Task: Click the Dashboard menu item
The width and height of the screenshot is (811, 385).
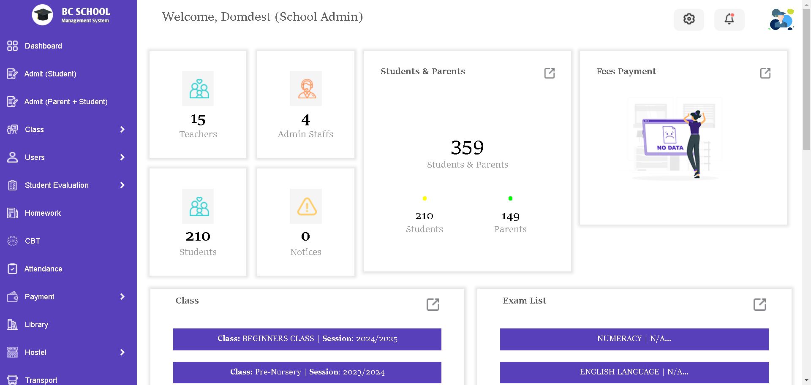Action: [43, 46]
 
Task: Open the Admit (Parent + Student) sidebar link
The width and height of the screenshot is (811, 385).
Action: [66, 102]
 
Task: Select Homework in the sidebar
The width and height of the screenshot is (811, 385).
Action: [43, 213]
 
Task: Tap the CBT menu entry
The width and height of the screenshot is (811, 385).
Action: [33, 241]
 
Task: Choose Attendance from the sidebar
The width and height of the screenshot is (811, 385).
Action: [43, 269]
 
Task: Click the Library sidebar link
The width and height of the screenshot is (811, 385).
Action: [36, 325]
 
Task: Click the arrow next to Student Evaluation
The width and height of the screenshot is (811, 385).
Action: [122, 185]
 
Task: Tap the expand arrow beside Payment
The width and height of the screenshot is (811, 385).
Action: [122, 297]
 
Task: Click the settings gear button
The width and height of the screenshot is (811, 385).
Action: [689, 19]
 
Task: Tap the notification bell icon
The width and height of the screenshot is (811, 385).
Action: [729, 19]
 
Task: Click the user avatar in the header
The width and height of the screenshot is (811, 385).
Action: [781, 19]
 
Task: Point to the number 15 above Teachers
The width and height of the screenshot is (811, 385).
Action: [198, 120]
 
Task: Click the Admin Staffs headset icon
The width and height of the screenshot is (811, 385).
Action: [306, 89]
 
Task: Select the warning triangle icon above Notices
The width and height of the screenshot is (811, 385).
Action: [306, 206]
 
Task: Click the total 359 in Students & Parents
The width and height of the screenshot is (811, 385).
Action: [467, 148]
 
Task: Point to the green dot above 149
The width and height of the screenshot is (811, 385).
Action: [510, 198]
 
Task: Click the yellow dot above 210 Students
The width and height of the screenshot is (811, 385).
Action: [425, 198]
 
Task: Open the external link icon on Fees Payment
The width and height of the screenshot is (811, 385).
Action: [765, 73]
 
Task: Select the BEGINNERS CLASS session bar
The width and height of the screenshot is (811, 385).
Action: [307, 339]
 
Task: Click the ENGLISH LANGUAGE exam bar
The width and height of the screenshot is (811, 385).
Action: [634, 372]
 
